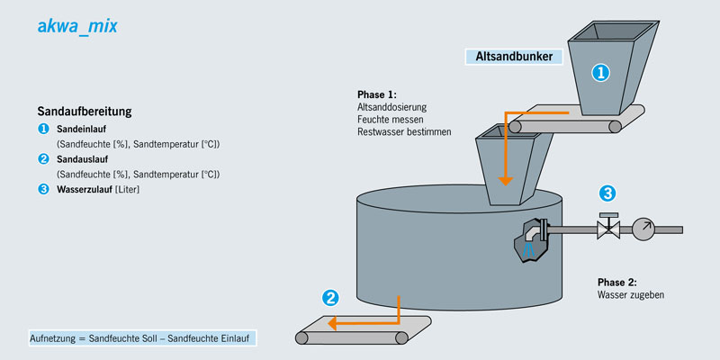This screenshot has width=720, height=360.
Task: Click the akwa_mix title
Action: coord(77,27)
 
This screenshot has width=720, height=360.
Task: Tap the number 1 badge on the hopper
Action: coord(599,74)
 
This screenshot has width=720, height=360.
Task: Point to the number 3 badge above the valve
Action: coord(608,193)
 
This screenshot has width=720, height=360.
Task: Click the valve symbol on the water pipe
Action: coord(608,229)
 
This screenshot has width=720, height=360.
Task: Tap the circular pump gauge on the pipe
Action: coord(643,229)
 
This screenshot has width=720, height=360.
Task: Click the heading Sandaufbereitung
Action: coord(85,112)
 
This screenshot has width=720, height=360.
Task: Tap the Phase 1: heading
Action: coord(376,94)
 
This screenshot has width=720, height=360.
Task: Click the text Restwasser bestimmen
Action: coord(404,132)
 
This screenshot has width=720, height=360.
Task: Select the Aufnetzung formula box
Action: coord(143,338)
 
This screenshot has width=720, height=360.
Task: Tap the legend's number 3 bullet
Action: coord(43,189)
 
